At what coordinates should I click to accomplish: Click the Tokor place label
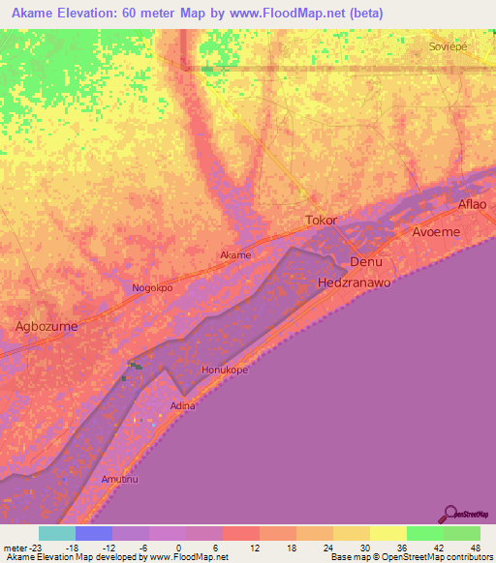322,221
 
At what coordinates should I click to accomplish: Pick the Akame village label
235,255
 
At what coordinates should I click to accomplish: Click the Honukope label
225,370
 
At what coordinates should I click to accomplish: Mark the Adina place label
183,405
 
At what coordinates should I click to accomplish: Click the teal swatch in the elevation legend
56,533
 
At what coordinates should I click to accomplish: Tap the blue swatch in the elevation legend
93,533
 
